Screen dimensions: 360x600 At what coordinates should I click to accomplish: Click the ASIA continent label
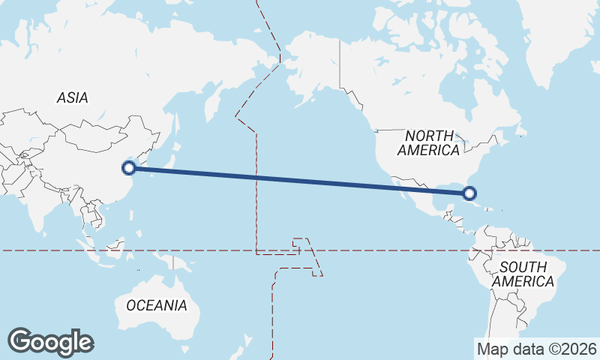click(x=73, y=97)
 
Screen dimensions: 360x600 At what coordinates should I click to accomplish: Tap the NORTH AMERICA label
click(x=429, y=143)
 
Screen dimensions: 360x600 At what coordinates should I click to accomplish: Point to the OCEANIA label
click(x=157, y=305)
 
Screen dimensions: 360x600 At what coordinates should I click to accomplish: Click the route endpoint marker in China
click(x=129, y=168)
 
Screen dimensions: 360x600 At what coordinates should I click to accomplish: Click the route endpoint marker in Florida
click(x=470, y=193)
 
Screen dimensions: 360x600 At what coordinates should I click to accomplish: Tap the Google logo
click(x=50, y=342)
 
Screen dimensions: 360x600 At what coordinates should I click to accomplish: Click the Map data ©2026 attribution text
click(x=537, y=349)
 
